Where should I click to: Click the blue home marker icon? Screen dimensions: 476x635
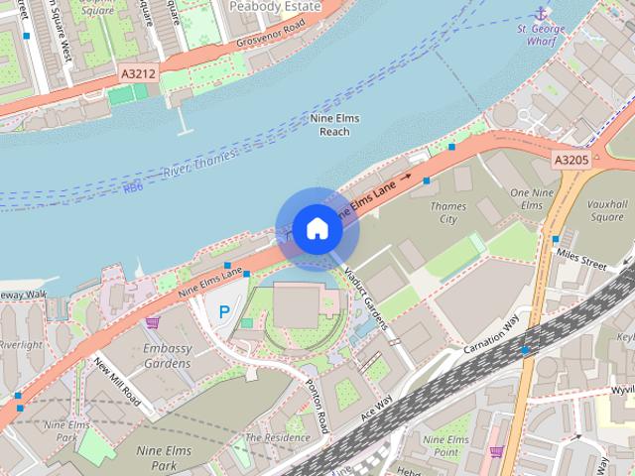[316, 228]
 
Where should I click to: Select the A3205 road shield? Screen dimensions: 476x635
[571, 159]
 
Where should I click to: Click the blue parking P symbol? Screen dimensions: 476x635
[224, 311]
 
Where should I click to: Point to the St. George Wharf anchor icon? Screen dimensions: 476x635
[540, 13]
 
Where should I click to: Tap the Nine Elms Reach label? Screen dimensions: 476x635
[334, 125]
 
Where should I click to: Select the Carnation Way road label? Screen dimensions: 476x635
[490, 338]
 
